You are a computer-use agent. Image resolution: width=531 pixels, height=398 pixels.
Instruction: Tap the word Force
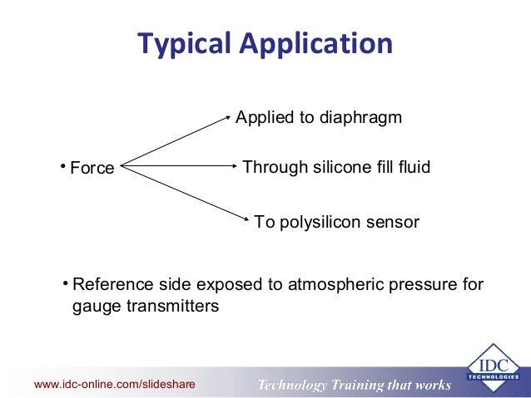point(92,169)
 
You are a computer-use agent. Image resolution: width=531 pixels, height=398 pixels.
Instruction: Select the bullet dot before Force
point(62,165)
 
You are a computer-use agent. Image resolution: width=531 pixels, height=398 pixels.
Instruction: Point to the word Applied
point(261,118)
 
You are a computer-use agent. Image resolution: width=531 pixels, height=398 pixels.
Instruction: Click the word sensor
point(395,223)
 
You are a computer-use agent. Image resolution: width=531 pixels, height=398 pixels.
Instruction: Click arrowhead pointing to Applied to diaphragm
point(227,117)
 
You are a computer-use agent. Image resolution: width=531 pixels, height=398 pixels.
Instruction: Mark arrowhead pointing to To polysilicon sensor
point(246,219)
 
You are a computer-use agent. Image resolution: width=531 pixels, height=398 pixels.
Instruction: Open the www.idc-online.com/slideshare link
point(114,385)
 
